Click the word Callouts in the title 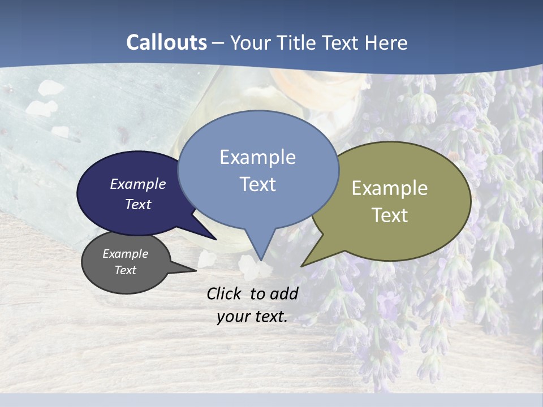coord(166,42)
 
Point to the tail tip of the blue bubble coord(261,259)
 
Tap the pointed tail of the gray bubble coord(195,271)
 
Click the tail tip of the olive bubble coord(303,266)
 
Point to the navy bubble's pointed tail coord(215,239)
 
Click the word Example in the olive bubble coord(390,188)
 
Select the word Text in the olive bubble coord(390,215)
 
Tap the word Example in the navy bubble coord(137,184)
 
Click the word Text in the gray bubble coord(126,270)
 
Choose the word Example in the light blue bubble coord(257,157)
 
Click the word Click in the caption coord(225,293)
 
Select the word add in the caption coord(284,293)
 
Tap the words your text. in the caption coord(252,316)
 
